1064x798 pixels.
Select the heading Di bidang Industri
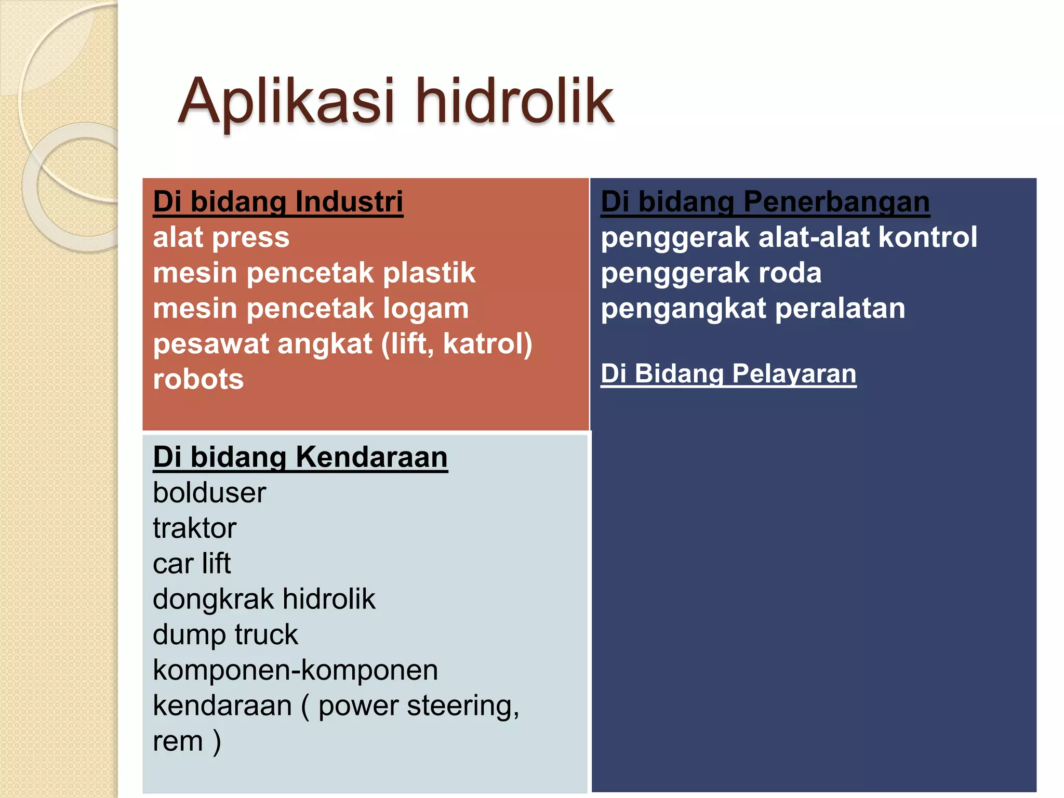tap(278, 202)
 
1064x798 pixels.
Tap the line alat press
tap(221, 238)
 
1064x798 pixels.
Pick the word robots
tap(198, 379)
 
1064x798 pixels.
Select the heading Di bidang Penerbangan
tap(765, 202)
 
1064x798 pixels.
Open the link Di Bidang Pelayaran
tap(728, 374)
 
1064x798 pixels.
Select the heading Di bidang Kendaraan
tap(300, 457)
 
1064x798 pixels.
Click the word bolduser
tap(209, 493)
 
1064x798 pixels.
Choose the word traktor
tap(194, 528)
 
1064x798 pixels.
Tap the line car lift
tap(192, 564)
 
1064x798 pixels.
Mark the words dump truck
tap(225, 635)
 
